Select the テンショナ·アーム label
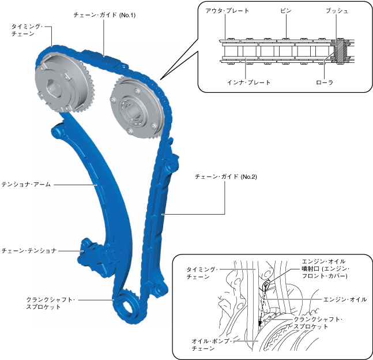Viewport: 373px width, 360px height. [x=27, y=185]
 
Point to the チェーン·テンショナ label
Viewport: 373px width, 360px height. [x=29, y=251]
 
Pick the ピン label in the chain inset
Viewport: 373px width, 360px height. [x=286, y=11]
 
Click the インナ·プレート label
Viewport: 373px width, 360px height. [x=249, y=82]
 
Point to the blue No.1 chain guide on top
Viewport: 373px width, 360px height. [x=95, y=57]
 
